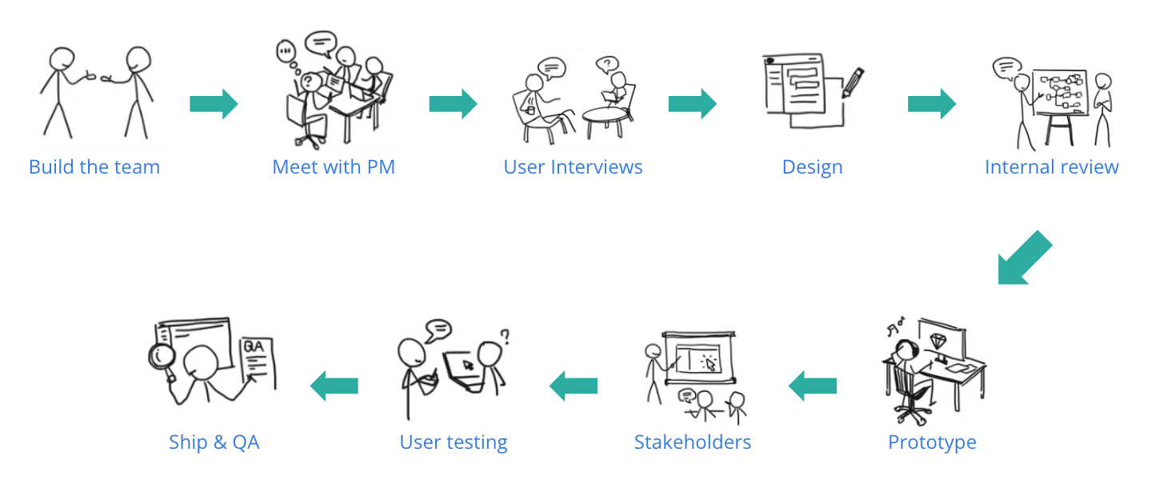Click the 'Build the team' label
pos(94,167)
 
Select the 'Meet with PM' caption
pos(334,167)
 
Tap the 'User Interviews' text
pos(573,167)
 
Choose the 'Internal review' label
pos(1051,167)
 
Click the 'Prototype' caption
pos(932,442)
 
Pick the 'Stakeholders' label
pos(693,442)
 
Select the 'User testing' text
pos(454,442)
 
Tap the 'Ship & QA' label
pos(214,442)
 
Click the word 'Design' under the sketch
pos(812,167)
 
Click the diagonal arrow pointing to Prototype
pos(1023,258)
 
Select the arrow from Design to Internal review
pos(932,104)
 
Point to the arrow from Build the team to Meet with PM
pos(214,104)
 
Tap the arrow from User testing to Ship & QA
pos(334,386)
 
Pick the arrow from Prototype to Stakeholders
pos(813,386)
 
